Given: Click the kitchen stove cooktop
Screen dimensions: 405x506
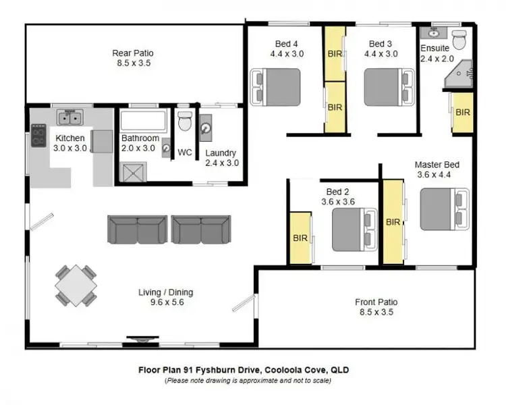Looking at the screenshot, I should coord(38,136).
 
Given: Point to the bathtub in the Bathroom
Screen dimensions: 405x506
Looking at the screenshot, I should coord(143,122).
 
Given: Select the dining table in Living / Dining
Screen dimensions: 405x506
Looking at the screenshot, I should coord(75,286).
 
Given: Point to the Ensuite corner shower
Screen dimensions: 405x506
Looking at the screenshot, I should coord(460,76).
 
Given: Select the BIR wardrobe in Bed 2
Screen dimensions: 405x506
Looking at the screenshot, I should coord(300,238).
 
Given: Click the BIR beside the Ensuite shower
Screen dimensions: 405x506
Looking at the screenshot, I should coord(462,113).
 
